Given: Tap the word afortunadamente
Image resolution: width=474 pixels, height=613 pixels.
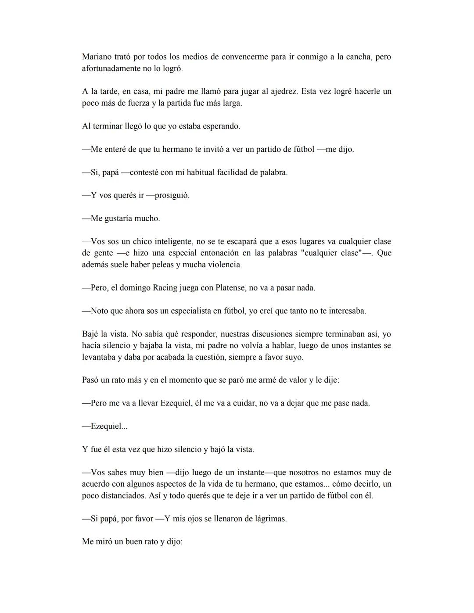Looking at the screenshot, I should coord(111,68).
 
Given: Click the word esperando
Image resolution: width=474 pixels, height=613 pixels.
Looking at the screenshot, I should coord(221,126).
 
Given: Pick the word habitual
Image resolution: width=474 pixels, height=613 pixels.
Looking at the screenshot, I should coord(201,172).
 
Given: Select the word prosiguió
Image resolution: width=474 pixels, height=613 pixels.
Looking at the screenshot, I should coord(172,196).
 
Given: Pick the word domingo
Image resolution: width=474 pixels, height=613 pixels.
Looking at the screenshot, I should coord(135,288).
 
